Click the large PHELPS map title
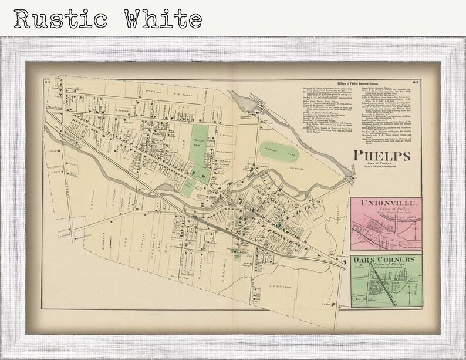point(381,156)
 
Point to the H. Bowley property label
point(226,134)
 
